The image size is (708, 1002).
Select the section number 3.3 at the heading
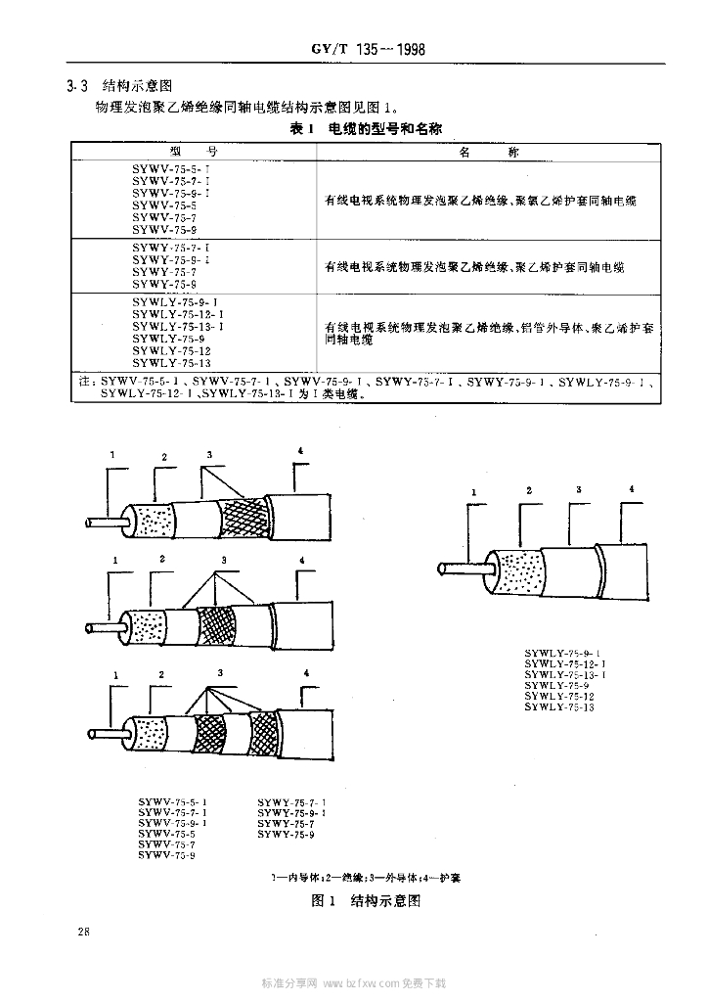pyautogui.click(x=75, y=86)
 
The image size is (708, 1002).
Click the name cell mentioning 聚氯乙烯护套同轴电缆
pyautogui.click(x=480, y=201)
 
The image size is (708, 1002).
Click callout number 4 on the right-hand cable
pyautogui.click(x=632, y=488)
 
